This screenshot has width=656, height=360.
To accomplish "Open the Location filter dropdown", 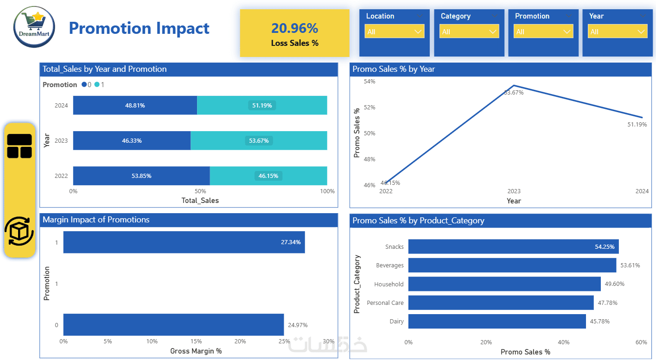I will pyautogui.click(x=395, y=32).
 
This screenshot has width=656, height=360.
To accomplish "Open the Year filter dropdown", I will pyautogui.click(x=617, y=32).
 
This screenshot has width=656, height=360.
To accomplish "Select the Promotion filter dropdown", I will pyautogui.click(x=543, y=32).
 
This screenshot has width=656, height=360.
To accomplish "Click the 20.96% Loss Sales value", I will pyautogui.click(x=294, y=28).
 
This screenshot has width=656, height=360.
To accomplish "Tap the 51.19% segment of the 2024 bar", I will pyautogui.click(x=262, y=105).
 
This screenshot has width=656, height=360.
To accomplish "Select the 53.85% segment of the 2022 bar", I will pyautogui.click(x=141, y=176).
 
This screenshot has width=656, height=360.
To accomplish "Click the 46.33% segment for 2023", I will pyautogui.click(x=132, y=140).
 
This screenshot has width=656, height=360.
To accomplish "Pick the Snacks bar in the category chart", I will pyautogui.click(x=513, y=246).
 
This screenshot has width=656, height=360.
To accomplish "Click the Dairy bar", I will pyautogui.click(x=497, y=321).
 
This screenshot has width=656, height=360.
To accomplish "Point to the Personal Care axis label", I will pyautogui.click(x=385, y=303).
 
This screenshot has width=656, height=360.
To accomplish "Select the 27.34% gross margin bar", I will pyautogui.click(x=184, y=242).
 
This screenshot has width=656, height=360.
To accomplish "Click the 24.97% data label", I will pyautogui.click(x=298, y=325).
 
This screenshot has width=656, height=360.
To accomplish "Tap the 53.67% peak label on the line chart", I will pyautogui.click(x=514, y=93).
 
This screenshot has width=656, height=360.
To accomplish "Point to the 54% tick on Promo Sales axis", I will pyautogui.click(x=369, y=82).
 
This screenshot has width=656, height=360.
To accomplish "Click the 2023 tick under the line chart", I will pyautogui.click(x=514, y=191).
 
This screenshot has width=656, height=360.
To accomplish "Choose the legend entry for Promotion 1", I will pyautogui.click(x=99, y=85).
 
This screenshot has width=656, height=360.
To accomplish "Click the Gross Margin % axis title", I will pyautogui.click(x=196, y=351).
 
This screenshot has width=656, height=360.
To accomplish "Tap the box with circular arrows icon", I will pyautogui.click(x=19, y=231).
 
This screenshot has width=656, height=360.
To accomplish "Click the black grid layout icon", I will pyautogui.click(x=19, y=146).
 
